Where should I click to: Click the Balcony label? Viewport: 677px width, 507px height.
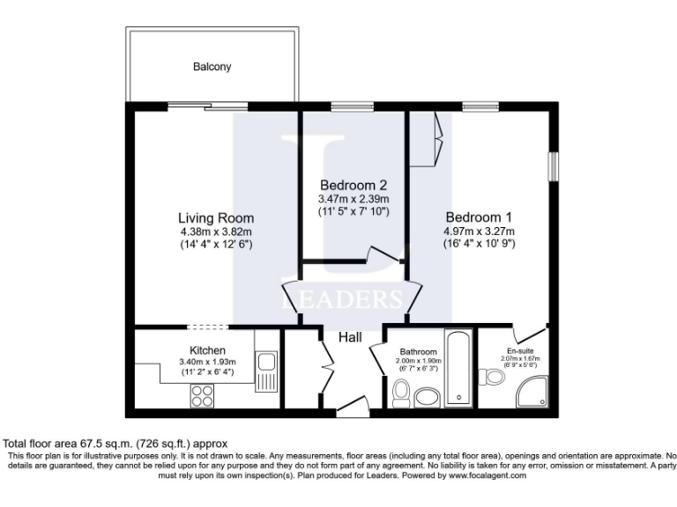[x=212, y=67]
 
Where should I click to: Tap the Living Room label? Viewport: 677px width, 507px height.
[x=216, y=218]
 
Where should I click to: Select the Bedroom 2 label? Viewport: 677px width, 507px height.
[x=353, y=186]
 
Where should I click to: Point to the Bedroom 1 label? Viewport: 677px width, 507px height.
[x=479, y=217]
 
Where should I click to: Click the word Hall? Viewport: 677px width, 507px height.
[x=353, y=336]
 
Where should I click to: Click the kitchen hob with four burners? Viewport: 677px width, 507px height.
[x=204, y=397]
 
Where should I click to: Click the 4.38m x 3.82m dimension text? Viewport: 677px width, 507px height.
[x=216, y=231]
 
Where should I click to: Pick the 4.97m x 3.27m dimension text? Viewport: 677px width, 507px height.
[x=479, y=231]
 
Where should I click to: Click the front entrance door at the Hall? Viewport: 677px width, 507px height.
[x=352, y=407]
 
